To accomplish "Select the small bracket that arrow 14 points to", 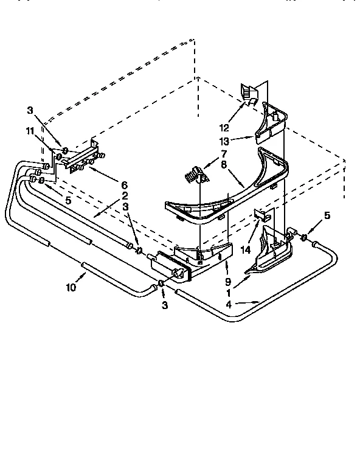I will pos(261,215).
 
